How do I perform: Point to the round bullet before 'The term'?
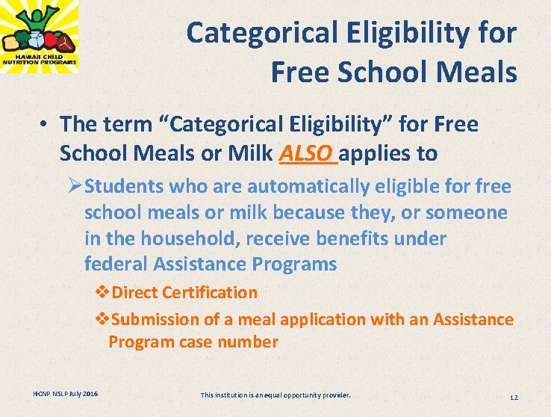(46, 125)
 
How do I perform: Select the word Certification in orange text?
(210, 293)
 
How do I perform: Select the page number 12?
(513, 396)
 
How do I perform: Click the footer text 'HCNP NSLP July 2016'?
(65, 394)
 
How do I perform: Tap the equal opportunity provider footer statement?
(275, 395)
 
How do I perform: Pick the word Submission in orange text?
(155, 320)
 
